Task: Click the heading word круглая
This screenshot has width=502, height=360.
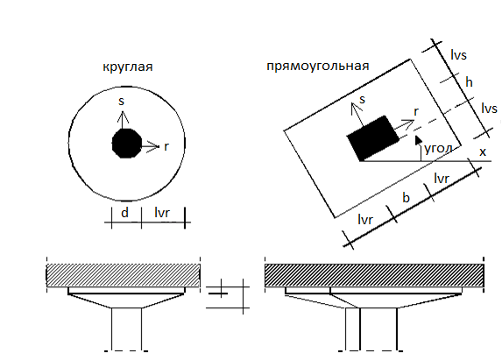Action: (x=128, y=67)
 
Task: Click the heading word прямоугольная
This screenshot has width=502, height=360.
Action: (x=318, y=67)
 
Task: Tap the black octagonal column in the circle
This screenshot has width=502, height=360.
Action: (x=127, y=144)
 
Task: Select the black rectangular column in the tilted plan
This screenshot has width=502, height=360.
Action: (x=373, y=138)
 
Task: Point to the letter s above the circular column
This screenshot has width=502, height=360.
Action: (x=121, y=101)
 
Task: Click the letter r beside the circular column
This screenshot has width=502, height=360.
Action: (x=166, y=147)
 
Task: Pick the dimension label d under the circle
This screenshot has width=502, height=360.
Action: (x=125, y=213)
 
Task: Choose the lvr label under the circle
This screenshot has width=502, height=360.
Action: (x=162, y=213)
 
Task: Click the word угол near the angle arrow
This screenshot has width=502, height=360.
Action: (x=438, y=149)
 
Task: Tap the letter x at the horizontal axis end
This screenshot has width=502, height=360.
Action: (x=483, y=152)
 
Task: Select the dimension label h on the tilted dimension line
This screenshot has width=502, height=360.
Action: (x=469, y=82)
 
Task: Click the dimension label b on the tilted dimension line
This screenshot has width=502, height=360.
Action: (x=406, y=198)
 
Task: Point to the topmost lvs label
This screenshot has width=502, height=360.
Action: (x=458, y=54)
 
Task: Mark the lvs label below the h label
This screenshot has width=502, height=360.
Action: (x=490, y=109)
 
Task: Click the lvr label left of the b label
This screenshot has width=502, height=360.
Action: (x=365, y=220)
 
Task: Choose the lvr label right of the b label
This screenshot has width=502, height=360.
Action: (x=442, y=179)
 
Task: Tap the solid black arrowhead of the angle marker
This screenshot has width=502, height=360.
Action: (x=418, y=140)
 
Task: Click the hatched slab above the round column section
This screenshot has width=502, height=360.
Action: (x=124, y=275)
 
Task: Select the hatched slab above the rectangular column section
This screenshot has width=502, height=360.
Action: (x=374, y=275)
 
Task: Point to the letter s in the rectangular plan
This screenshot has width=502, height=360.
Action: (x=362, y=100)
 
